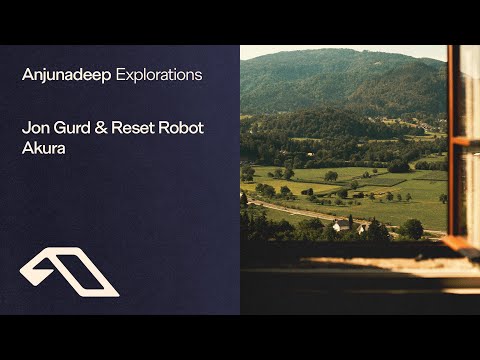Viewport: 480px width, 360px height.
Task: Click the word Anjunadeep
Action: tap(66, 75)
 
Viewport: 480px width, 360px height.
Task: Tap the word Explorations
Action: tap(159, 75)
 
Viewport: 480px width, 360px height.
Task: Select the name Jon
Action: tap(35, 128)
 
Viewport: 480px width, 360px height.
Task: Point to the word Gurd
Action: tap(72, 128)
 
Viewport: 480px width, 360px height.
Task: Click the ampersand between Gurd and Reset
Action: tap(101, 128)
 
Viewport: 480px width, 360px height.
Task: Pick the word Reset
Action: tap(133, 128)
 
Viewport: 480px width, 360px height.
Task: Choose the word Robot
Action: tap(181, 128)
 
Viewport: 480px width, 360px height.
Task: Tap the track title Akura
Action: tap(44, 148)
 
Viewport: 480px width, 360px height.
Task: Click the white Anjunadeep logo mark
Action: tap(69, 272)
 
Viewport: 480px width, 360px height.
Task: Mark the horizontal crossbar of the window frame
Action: tap(465, 142)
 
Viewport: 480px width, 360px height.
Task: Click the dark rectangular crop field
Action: tap(383, 181)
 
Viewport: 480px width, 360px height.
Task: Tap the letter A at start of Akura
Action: tap(27, 148)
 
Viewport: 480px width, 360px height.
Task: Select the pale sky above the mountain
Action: tap(343, 50)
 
